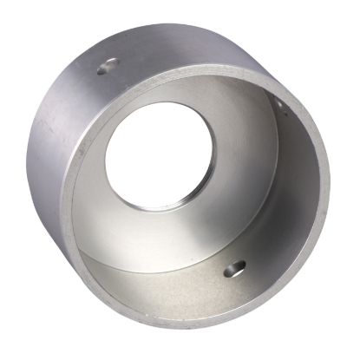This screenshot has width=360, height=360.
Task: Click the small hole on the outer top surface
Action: click(x=108, y=66)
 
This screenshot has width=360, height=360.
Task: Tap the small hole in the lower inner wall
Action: click(x=234, y=269)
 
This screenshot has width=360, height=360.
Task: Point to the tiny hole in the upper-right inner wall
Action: click(x=278, y=105)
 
